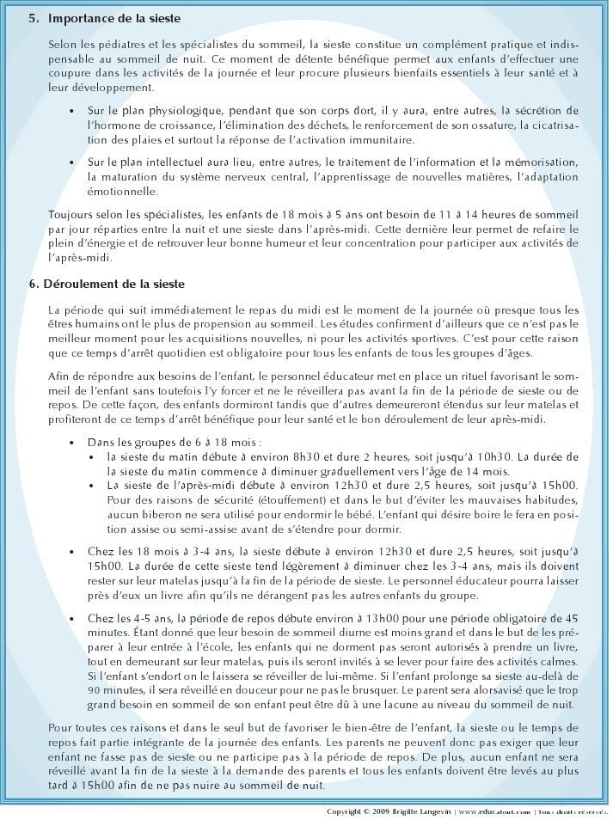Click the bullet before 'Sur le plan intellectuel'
[x=70, y=162]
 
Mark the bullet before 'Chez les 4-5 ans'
[x=70, y=618]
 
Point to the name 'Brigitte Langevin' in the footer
[x=426, y=811]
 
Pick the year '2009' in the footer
[x=390, y=811]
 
